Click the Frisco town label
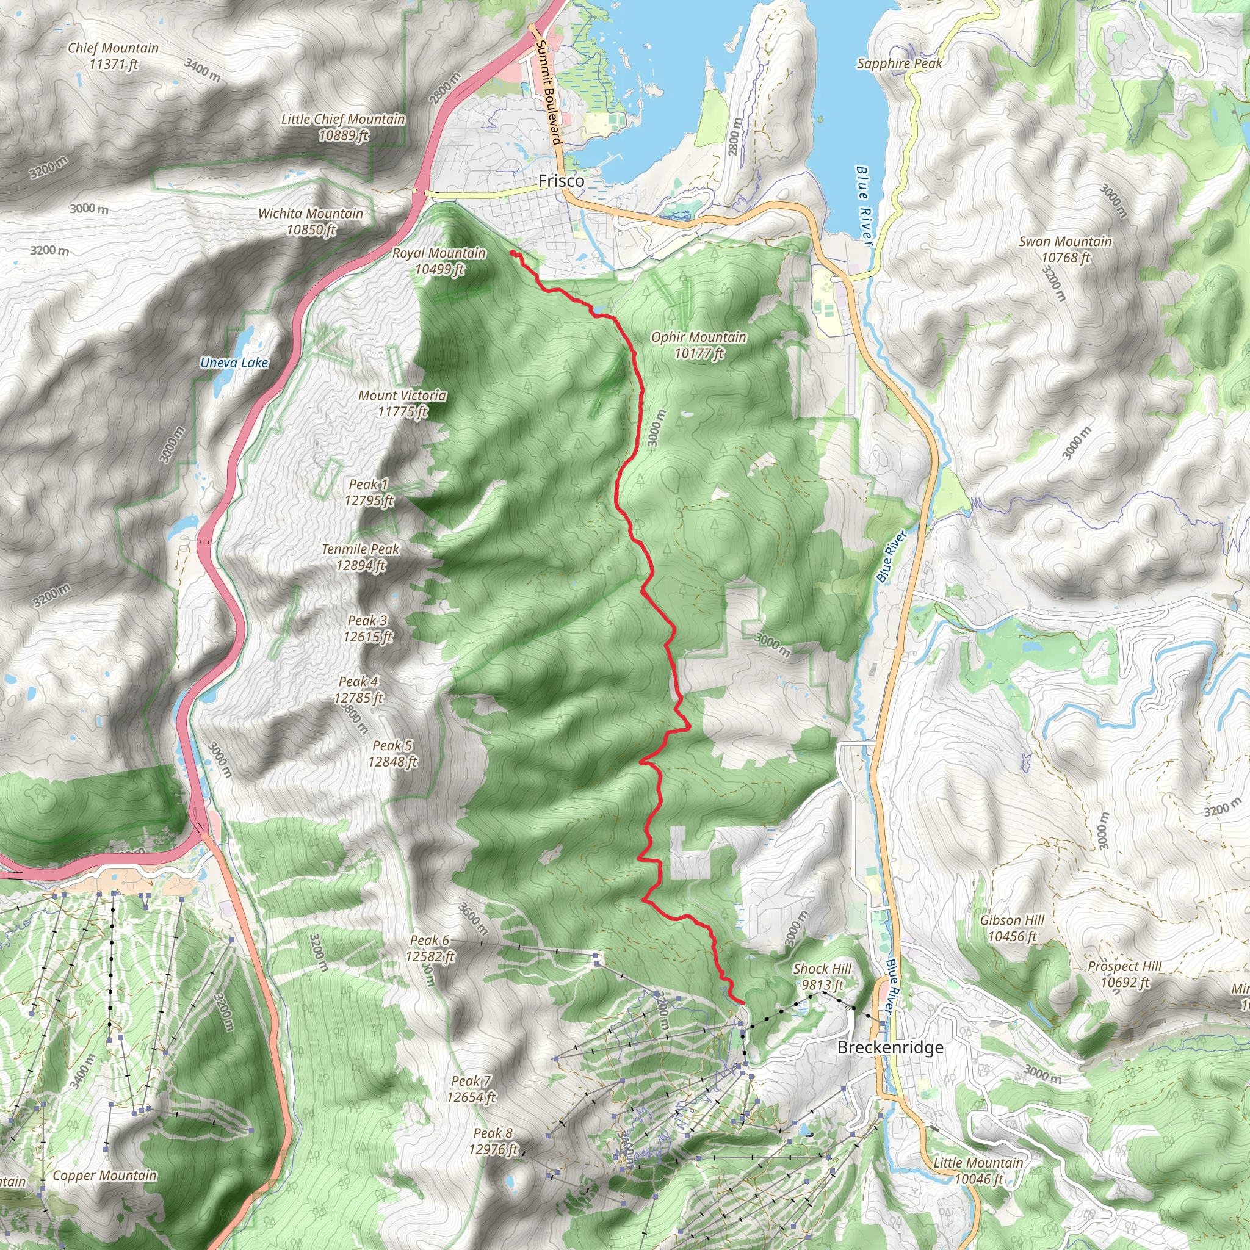pyautogui.click(x=561, y=181)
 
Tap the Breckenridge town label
pyautogui.click(x=890, y=1047)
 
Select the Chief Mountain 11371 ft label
pyautogui.click(x=114, y=56)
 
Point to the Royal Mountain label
pyautogui.click(x=439, y=254)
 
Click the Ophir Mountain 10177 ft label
pyautogui.click(x=699, y=345)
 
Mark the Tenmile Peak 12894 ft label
pyautogui.click(x=361, y=557)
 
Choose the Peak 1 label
pyautogui.click(x=368, y=485)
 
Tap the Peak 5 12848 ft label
pyautogui.click(x=392, y=754)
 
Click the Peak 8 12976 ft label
pyautogui.click(x=493, y=1141)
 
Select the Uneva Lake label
pyautogui.click(x=234, y=363)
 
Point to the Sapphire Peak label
pyautogui.click(x=899, y=63)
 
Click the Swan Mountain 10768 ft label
pyautogui.click(x=1065, y=249)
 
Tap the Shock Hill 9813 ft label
pyautogui.click(x=822, y=977)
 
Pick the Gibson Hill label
pyautogui.click(x=1012, y=920)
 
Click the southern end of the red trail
pyautogui.click(x=743, y=1003)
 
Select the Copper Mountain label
pyautogui.click(x=105, y=1176)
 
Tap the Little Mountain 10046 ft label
pyautogui.click(x=978, y=1171)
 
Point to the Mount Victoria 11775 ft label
pyautogui.click(x=402, y=403)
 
